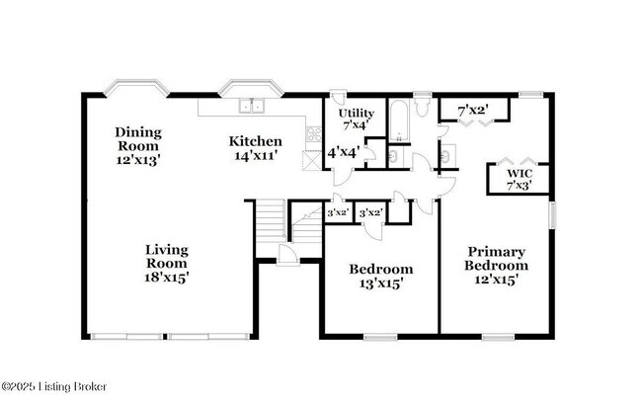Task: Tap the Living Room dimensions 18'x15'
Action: click(166, 278)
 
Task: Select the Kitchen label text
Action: click(256, 140)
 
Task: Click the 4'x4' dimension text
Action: click(343, 152)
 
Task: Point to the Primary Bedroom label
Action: click(496, 259)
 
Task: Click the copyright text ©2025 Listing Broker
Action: click(54, 386)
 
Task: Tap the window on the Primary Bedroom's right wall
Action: click(551, 214)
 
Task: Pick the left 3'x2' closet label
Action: click(338, 212)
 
